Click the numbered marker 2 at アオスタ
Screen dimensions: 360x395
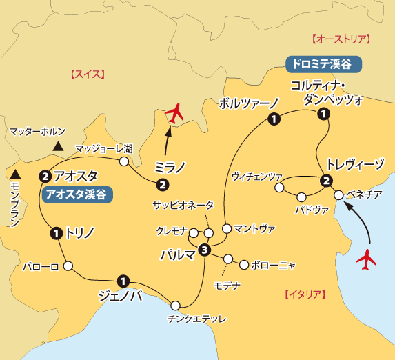[45, 176]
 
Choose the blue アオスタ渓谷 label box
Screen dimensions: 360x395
[77, 194]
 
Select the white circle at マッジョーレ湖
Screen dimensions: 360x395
[124, 162]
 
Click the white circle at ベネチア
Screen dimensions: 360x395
[338, 195]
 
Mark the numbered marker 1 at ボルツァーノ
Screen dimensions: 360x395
[274, 120]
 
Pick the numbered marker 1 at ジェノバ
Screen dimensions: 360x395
[122, 280]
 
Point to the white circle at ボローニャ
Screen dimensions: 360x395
[243, 264]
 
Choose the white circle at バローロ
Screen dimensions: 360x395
[68, 265]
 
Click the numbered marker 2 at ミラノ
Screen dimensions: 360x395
[162, 184]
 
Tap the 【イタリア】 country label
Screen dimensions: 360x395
[303, 294]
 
